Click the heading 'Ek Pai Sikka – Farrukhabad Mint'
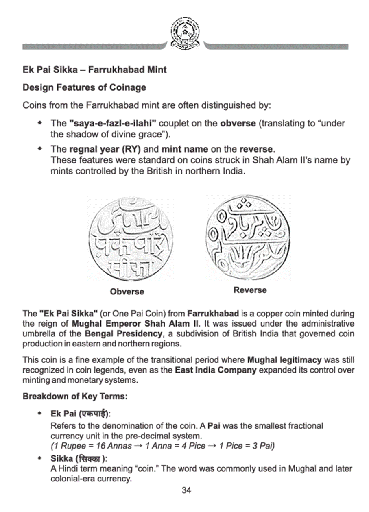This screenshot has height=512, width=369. coord(94,70)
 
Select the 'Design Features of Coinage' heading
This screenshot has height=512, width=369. coord(84,87)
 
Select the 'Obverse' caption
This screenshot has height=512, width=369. coord(127,292)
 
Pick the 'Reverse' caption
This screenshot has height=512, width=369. coord(250,290)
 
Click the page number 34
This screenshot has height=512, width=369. coord(186,490)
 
